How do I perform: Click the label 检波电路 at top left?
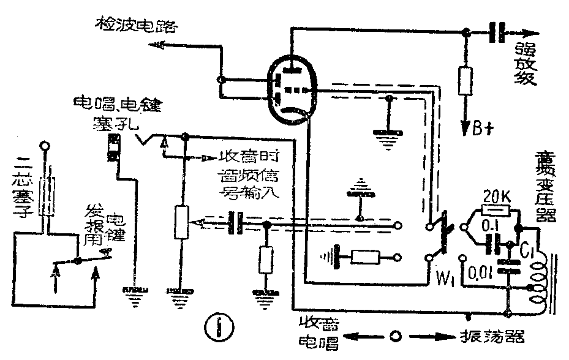[135, 26]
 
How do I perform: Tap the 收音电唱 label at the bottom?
[319, 334]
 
